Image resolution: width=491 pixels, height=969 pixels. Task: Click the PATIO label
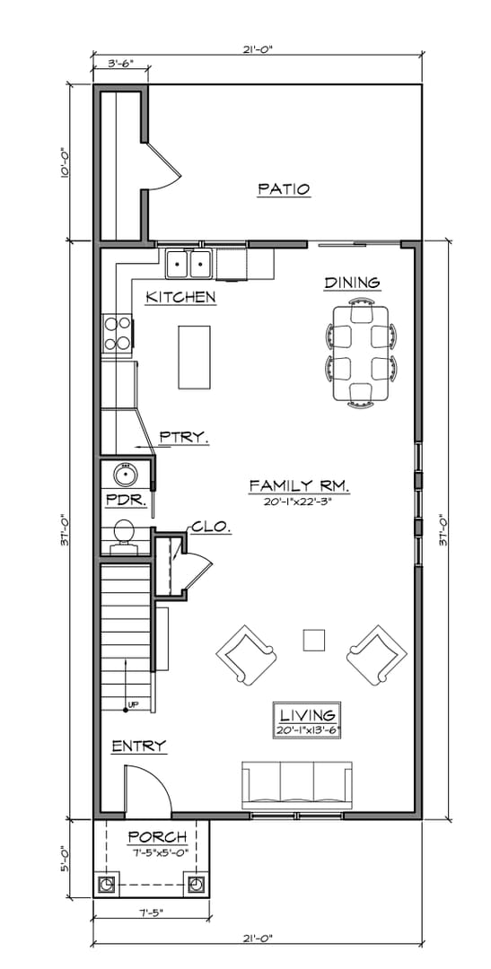click(284, 189)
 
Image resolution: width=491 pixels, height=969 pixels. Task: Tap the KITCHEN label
click(180, 297)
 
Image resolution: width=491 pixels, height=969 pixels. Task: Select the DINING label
click(352, 283)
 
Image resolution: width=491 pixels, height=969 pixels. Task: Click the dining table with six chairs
click(364, 353)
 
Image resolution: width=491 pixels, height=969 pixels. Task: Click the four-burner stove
click(118, 332)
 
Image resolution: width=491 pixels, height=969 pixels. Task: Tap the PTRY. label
click(184, 438)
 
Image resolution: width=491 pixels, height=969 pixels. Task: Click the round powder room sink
click(124, 474)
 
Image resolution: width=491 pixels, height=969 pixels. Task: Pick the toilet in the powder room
click(124, 534)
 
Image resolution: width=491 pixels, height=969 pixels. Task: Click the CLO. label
click(210, 528)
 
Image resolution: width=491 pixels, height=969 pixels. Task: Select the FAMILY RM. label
click(299, 485)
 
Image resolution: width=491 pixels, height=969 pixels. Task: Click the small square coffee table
click(313, 640)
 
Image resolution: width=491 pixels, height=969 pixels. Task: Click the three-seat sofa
click(297, 785)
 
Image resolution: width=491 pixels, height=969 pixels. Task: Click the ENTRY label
click(138, 746)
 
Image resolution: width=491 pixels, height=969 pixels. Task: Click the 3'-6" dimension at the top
click(120, 64)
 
